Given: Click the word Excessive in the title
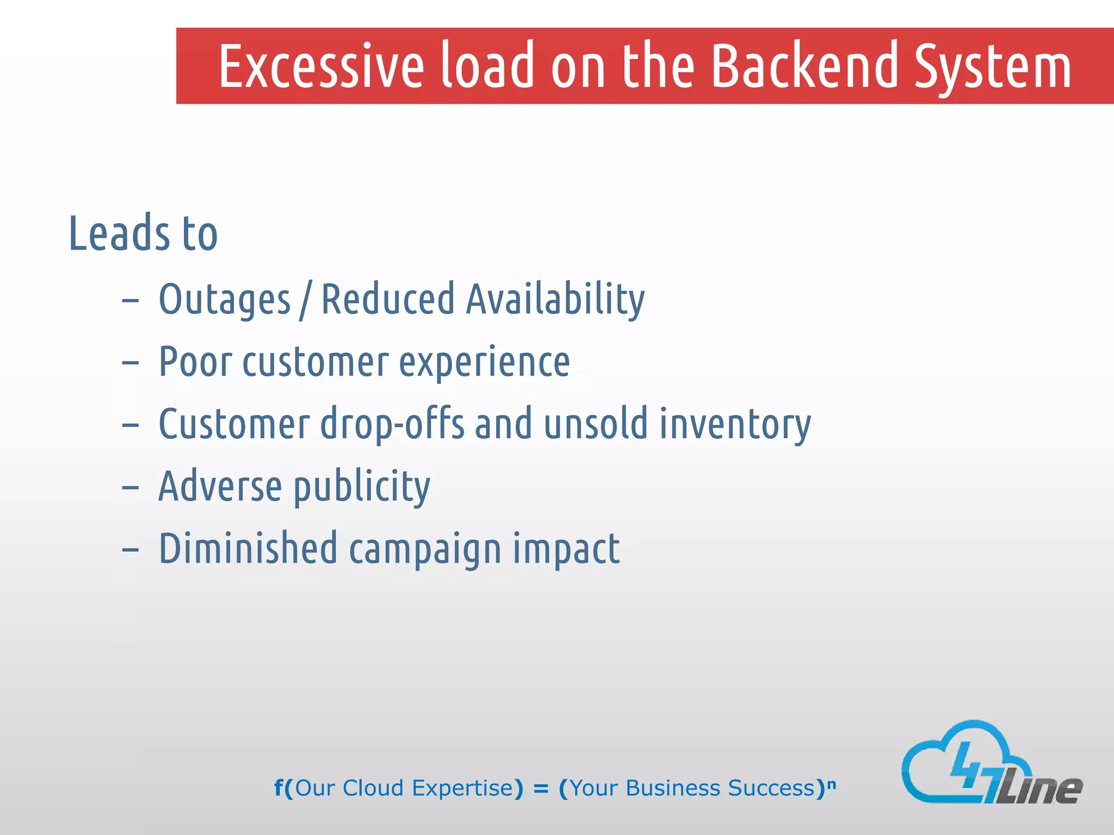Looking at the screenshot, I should (x=321, y=66).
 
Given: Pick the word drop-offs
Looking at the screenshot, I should (x=392, y=425).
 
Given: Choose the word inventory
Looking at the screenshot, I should (x=735, y=425).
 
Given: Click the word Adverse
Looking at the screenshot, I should (x=220, y=486).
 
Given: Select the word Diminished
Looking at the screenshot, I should (x=247, y=549).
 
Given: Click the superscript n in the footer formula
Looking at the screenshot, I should (x=831, y=783).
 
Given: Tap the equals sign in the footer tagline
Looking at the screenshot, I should (x=541, y=789).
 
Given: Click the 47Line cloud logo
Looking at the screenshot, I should (x=990, y=764).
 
